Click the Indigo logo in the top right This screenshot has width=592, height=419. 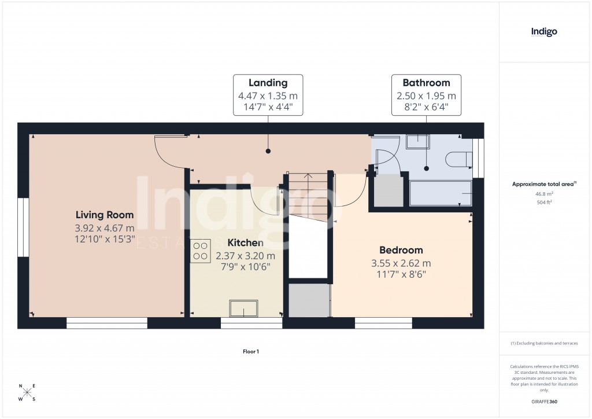click(x=544, y=32)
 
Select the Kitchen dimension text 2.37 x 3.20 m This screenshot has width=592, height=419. click(x=245, y=255)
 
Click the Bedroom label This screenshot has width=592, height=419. click(x=401, y=250)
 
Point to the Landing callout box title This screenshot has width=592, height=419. click(x=267, y=83)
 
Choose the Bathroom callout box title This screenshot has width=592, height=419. click(x=426, y=83)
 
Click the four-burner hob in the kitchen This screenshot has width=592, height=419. click(x=200, y=251)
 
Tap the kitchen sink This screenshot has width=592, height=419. click(x=243, y=308)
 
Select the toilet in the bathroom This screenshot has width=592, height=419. click(x=458, y=157)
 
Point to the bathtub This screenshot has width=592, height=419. click(x=441, y=193)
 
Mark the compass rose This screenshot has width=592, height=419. click(x=27, y=392)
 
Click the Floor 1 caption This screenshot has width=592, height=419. click(x=251, y=351)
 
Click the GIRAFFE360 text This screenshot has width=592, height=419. click(x=544, y=402)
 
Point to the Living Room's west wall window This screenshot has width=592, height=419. click(x=23, y=227)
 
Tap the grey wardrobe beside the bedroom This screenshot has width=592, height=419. click(x=309, y=300)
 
